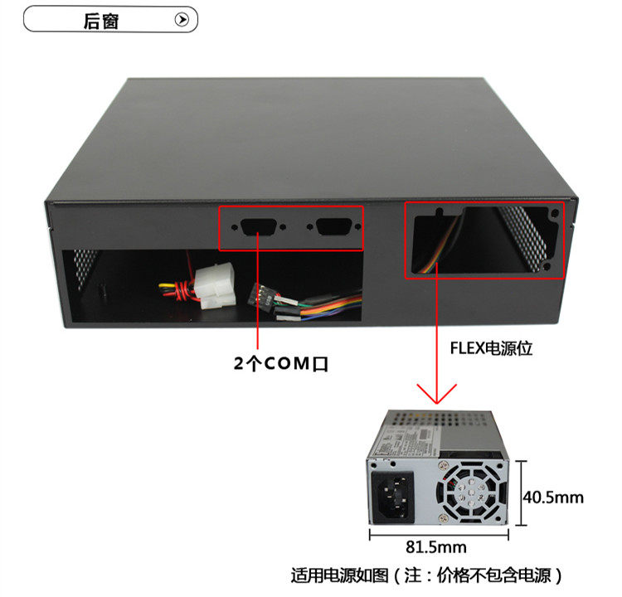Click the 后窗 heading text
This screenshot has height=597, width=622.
coord(101,20)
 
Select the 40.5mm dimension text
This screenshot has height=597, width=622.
coord(553,498)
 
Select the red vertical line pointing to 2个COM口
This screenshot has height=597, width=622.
coord(258,290)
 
